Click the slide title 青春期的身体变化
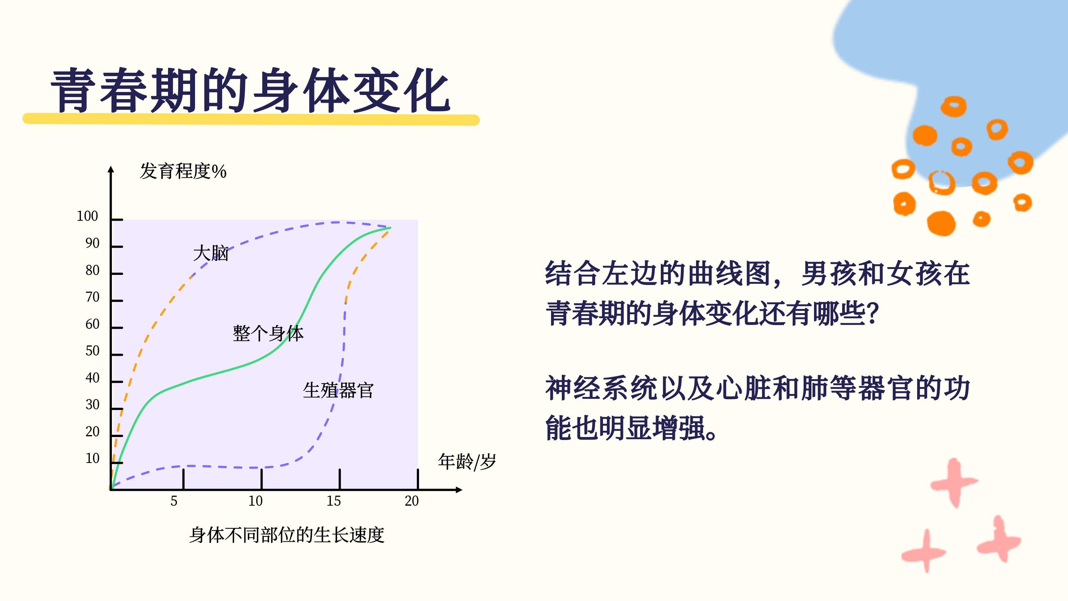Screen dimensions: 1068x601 click(250, 91)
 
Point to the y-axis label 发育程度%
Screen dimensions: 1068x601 click(183, 171)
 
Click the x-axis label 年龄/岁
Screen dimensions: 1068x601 click(467, 462)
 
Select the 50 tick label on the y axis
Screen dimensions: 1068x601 click(92, 351)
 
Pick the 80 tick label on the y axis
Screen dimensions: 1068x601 click(92, 270)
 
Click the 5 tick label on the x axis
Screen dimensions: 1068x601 click(174, 501)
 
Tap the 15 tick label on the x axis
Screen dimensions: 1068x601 click(334, 501)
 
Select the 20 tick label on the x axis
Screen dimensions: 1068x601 click(412, 501)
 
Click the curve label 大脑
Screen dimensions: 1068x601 click(211, 253)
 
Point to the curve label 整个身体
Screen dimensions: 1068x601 click(268, 334)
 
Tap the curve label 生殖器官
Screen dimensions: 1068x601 click(338, 390)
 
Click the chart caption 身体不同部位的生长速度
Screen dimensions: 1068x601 click(287, 535)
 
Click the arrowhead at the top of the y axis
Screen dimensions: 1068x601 click(111, 169)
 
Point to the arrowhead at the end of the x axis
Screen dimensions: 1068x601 click(459, 490)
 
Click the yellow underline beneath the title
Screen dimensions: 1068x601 click(251, 119)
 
